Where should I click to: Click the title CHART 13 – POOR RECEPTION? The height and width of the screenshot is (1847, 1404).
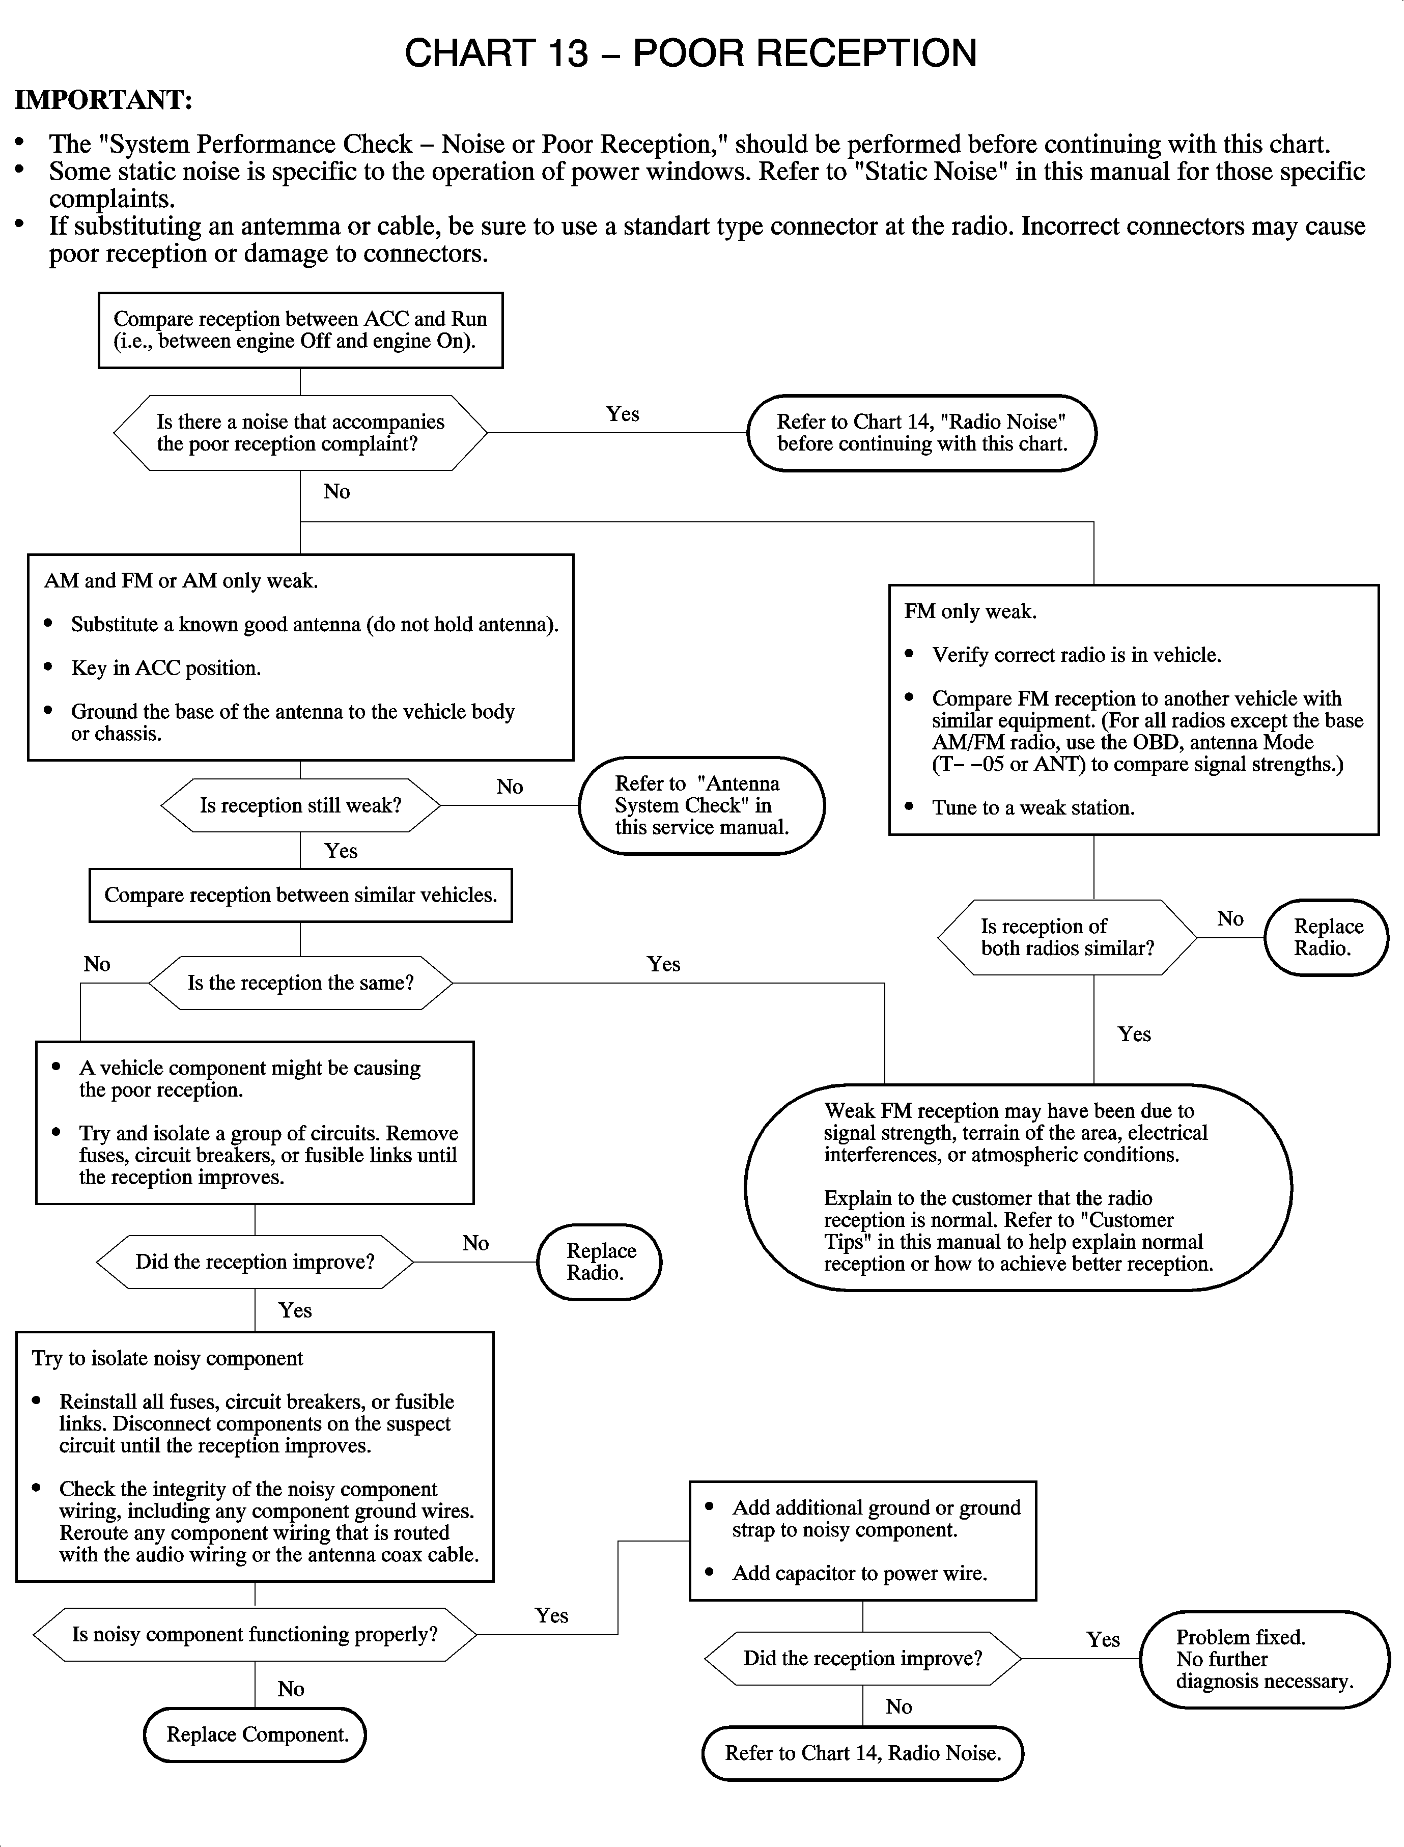click(x=690, y=53)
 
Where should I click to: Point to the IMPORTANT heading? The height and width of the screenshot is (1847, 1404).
click(x=104, y=100)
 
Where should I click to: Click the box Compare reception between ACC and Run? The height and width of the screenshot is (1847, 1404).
click(x=300, y=330)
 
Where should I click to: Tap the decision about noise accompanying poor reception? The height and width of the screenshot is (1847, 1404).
click(x=300, y=433)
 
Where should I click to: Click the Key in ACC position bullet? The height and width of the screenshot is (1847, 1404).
click(x=165, y=668)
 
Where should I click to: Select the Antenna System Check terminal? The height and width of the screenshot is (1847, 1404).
click(x=701, y=806)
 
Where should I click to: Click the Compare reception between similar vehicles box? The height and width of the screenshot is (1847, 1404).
click(x=300, y=895)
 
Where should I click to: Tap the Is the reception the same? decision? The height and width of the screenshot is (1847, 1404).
click(x=300, y=983)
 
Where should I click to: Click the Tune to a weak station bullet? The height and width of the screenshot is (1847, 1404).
click(x=1033, y=807)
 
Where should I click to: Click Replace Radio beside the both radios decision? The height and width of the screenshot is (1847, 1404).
click(x=1326, y=937)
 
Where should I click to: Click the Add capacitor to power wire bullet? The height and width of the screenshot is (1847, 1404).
click(x=859, y=1573)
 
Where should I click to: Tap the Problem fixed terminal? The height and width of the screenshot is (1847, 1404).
click(x=1263, y=1659)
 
